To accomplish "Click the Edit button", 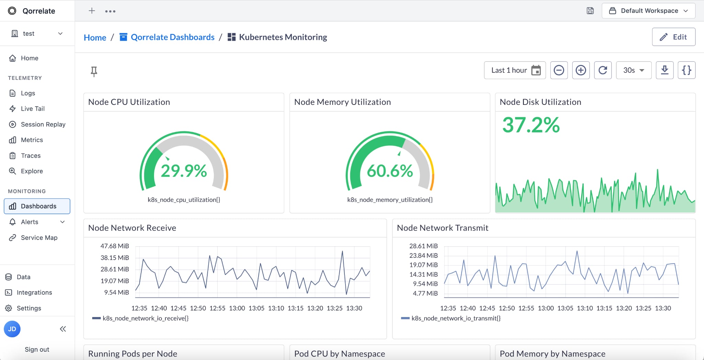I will (x=673, y=37).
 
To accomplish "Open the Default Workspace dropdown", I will (x=648, y=11).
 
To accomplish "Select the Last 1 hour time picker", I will (x=515, y=70).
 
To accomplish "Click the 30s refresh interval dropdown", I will (x=634, y=70).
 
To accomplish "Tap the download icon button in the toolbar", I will (x=664, y=70).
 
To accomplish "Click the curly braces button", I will (x=686, y=70).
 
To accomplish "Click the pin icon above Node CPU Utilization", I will (x=94, y=72).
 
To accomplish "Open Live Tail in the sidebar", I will (x=33, y=109).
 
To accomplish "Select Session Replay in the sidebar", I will (x=43, y=124).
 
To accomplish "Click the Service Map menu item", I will (x=39, y=238).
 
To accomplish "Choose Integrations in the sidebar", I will (x=34, y=292).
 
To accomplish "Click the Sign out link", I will (x=37, y=349).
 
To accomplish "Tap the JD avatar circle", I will (x=12, y=329).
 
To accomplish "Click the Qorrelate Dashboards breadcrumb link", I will (x=172, y=37).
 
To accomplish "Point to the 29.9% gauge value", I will (x=184, y=171).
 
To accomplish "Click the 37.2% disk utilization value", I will (x=531, y=125).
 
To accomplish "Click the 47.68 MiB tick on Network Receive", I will (x=114, y=246).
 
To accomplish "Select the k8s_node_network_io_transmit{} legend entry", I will (x=455, y=318).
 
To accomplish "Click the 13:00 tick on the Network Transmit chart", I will (x=546, y=308).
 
